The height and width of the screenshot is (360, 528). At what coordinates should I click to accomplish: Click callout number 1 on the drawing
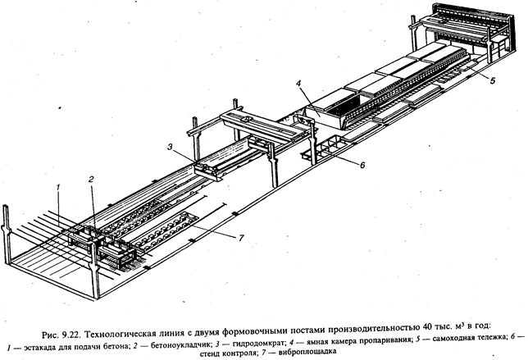point(58,187)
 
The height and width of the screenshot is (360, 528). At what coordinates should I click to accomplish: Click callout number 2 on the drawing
point(90,180)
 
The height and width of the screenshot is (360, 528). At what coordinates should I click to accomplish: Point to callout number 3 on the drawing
point(170,147)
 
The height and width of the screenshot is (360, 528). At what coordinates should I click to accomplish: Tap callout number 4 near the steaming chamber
point(298,83)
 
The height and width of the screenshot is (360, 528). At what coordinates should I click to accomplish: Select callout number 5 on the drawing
point(492,81)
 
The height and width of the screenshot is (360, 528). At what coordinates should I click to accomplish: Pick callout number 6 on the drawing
point(362,166)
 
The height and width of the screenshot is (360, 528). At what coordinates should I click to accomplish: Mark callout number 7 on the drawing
point(241,238)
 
